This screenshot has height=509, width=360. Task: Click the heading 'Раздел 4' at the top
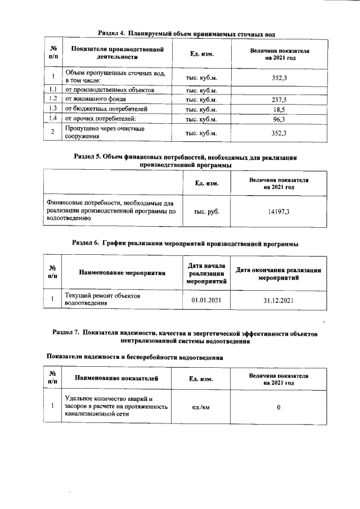tap(186, 34)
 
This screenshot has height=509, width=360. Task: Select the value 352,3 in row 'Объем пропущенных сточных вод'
tap(279, 77)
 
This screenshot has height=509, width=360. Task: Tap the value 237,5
tap(279, 100)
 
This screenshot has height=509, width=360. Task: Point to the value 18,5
tap(279, 109)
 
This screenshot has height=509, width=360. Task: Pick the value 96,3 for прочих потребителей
tap(279, 119)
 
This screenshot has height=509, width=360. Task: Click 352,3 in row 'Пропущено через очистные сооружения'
tap(279, 133)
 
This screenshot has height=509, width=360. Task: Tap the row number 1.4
tap(52, 119)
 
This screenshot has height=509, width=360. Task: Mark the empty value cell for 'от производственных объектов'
tap(279, 90)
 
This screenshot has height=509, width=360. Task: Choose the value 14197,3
tap(279, 211)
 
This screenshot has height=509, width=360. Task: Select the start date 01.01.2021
tap(206, 300)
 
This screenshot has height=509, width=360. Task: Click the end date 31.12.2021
tap(279, 300)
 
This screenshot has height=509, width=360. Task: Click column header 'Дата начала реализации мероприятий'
tap(206, 274)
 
